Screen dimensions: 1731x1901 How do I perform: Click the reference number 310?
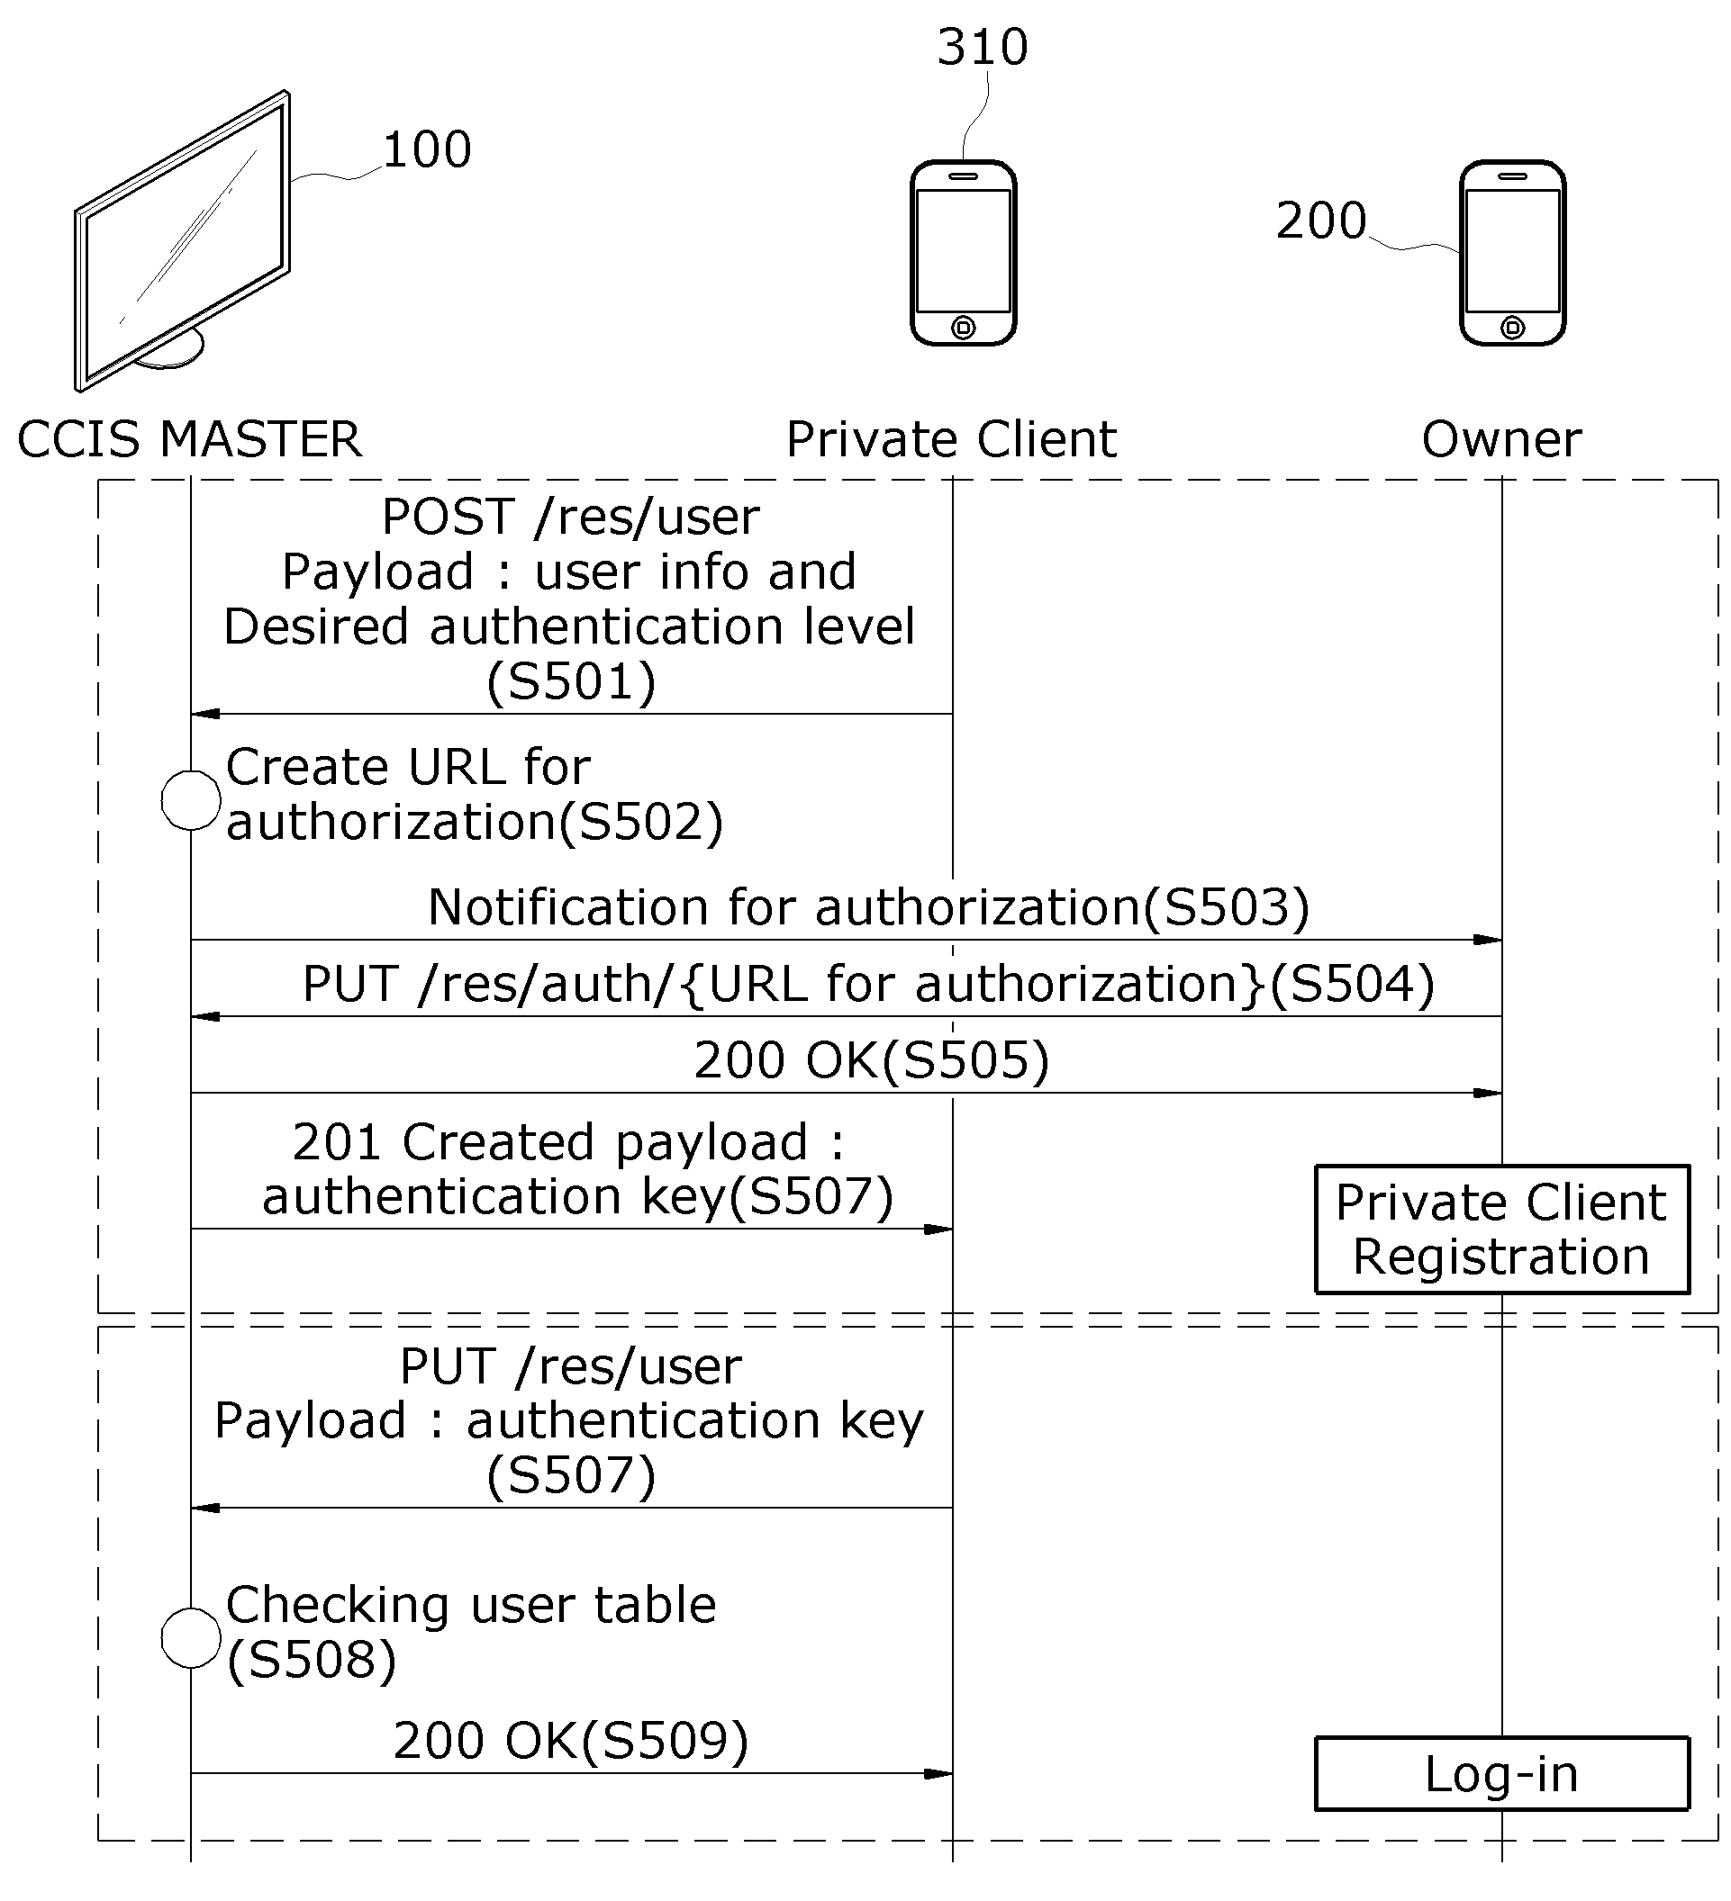click(982, 47)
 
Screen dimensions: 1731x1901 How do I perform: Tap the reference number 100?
click(426, 150)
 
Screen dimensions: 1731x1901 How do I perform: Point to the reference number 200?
click(1320, 221)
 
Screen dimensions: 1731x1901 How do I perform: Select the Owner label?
click(1501, 439)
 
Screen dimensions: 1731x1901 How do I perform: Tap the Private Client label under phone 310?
click(952, 439)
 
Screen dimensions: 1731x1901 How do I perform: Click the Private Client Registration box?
click(1501, 1230)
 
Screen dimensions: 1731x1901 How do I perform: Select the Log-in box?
click(1501, 1775)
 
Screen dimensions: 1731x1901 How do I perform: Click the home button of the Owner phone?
click(1512, 329)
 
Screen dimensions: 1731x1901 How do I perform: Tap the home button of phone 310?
click(963, 329)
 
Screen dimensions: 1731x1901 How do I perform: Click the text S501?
click(571, 682)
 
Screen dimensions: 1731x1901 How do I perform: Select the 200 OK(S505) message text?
click(872, 1060)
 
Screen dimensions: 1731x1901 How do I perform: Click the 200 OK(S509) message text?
click(571, 1741)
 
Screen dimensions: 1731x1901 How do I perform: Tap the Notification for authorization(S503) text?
click(869, 907)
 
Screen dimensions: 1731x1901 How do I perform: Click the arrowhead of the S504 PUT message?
click(204, 1016)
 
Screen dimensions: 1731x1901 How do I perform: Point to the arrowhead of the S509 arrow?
click(938, 1774)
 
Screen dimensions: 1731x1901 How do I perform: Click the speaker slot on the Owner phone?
click(1512, 176)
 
